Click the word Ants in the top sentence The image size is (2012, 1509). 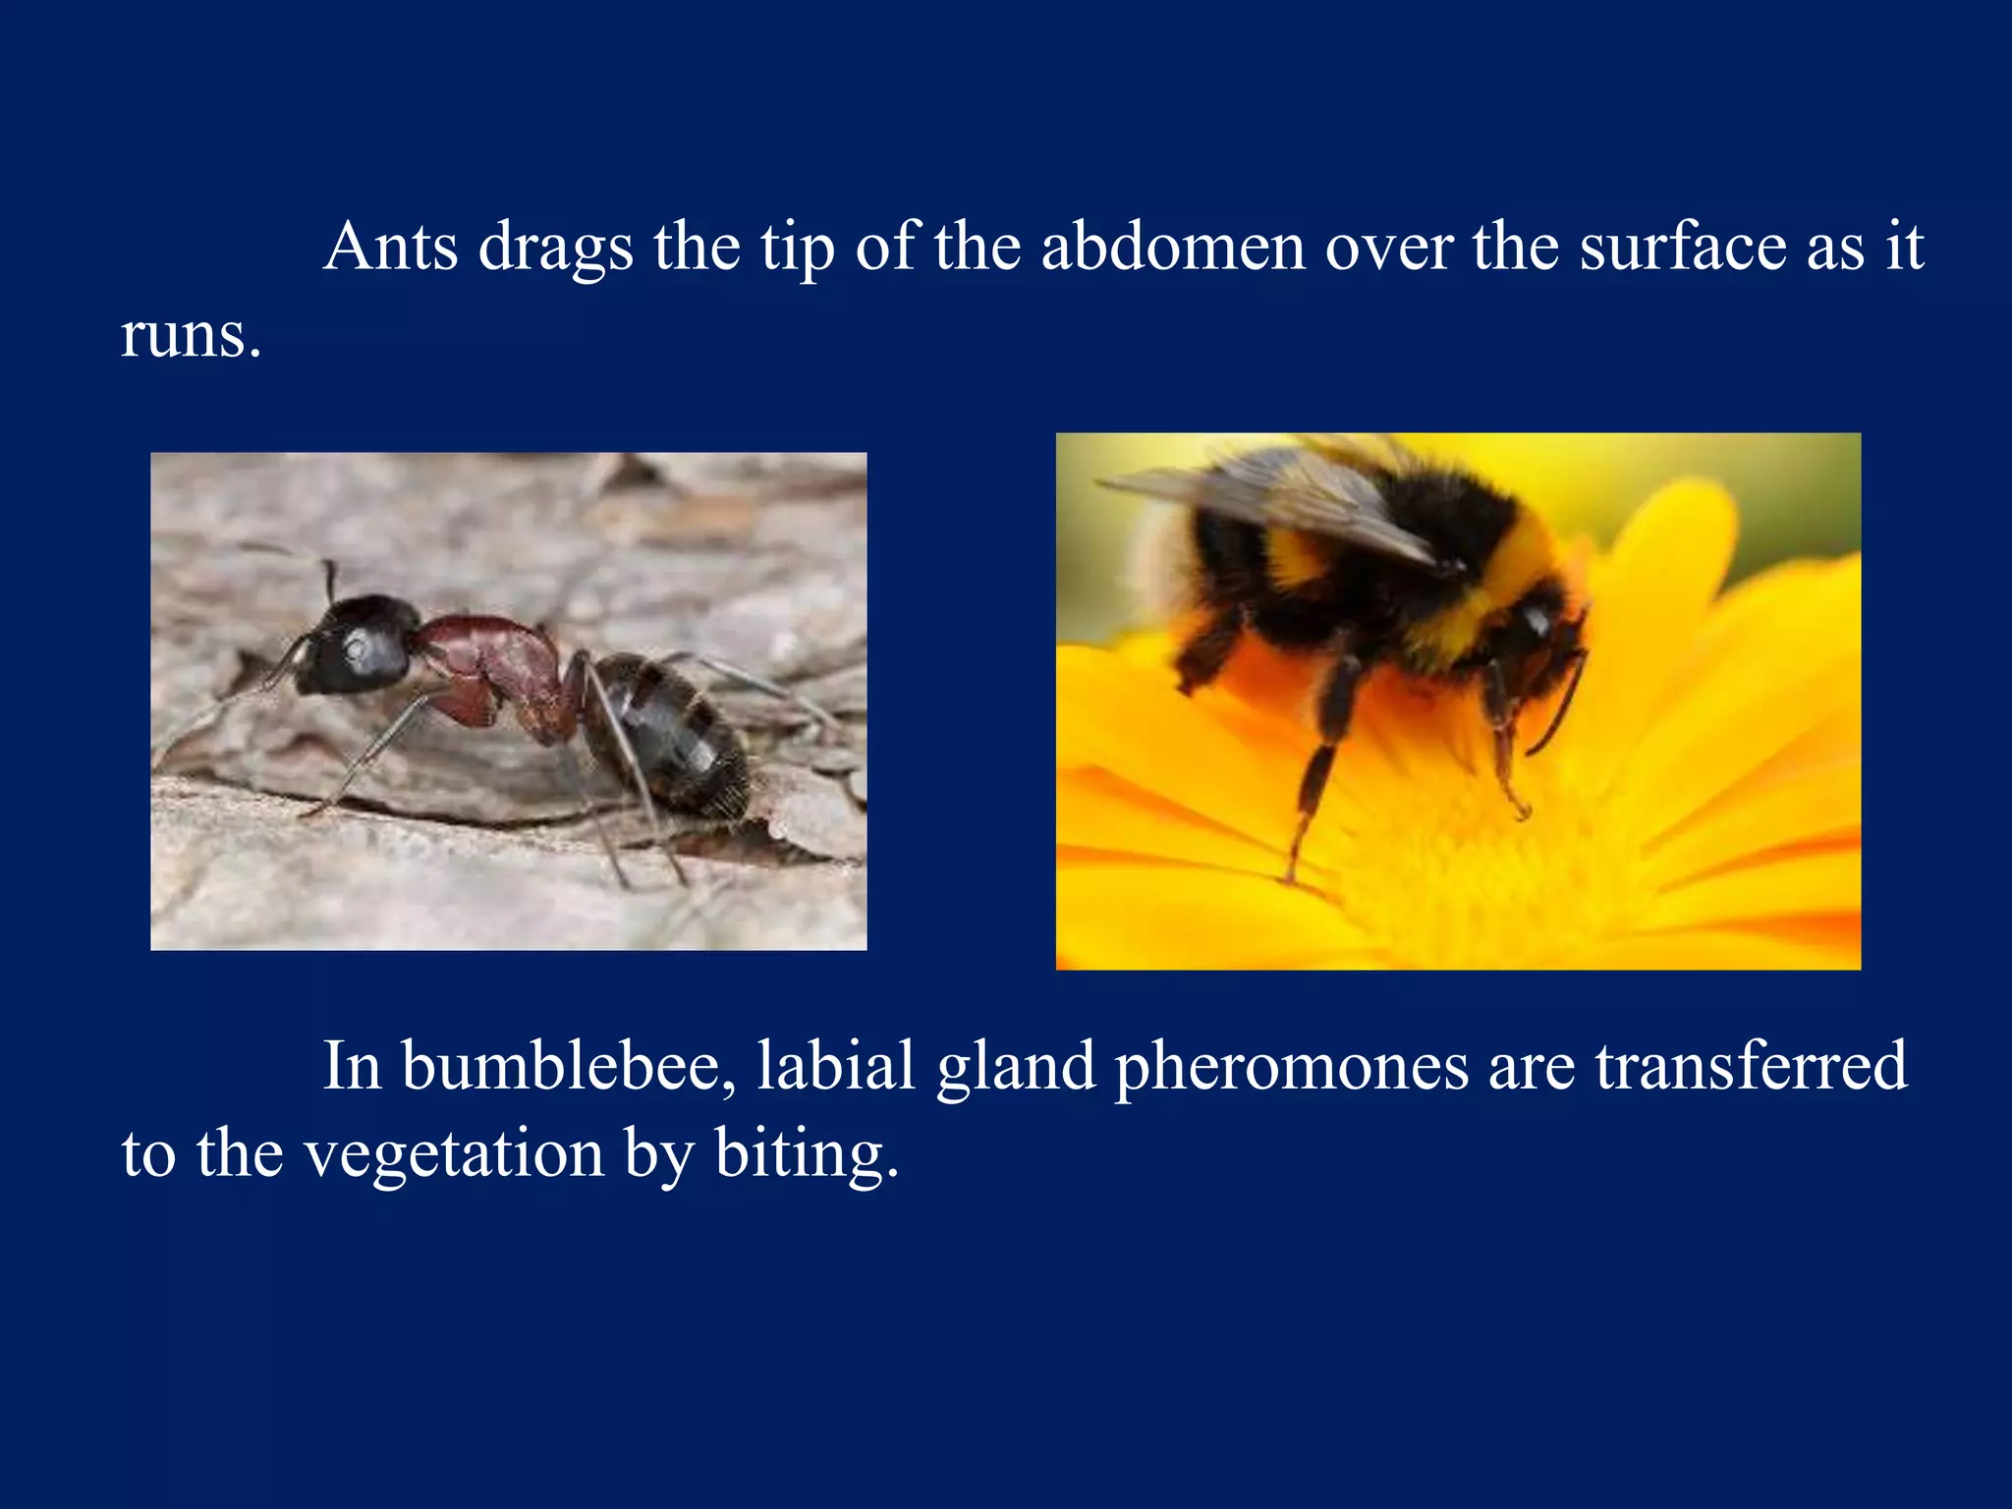(390, 246)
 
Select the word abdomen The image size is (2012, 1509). (1172, 246)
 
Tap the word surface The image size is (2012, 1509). (1683, 246)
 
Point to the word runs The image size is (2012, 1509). (191, 336)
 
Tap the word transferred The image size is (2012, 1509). (1751, 1066)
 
